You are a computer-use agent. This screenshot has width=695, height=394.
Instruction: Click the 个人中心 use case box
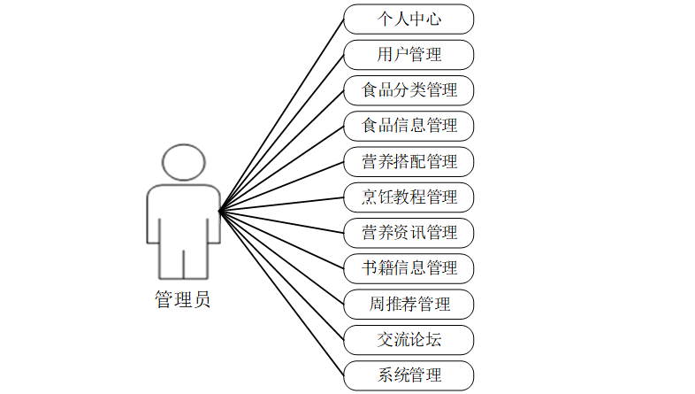(409, 19)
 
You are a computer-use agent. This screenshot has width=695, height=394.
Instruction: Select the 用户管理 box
(409, 54)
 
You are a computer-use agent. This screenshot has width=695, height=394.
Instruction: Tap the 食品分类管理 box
(409, 89)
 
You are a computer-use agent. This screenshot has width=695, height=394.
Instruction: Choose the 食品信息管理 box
(409, 125)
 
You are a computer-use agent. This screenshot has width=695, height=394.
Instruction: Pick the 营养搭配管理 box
(409, 161)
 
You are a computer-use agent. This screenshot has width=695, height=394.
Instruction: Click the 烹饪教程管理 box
(409, 197)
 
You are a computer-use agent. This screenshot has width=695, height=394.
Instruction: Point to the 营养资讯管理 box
(409, 232)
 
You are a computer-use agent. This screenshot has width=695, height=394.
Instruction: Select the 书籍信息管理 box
(409, 267)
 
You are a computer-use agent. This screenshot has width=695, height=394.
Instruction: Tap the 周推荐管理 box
(409, 304)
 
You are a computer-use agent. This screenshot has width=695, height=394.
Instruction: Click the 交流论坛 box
(409, 339)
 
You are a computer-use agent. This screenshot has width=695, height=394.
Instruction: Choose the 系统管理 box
(409, 375)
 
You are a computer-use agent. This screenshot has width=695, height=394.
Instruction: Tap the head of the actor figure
(183, 164)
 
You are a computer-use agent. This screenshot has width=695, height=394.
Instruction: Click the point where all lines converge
(219, 210)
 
